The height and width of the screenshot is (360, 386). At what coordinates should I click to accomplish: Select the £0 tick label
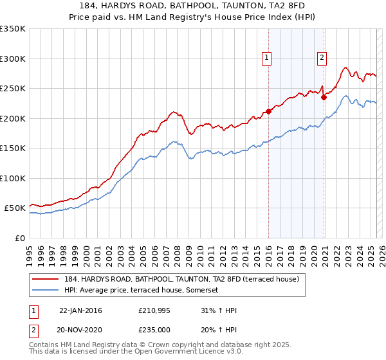point(20,238)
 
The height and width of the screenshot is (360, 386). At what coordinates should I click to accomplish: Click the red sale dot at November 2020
point(324,98)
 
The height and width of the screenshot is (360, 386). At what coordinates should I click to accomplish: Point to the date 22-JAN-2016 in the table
point(80,310)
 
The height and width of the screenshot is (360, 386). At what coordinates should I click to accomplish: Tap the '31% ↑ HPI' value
point(219,310)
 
